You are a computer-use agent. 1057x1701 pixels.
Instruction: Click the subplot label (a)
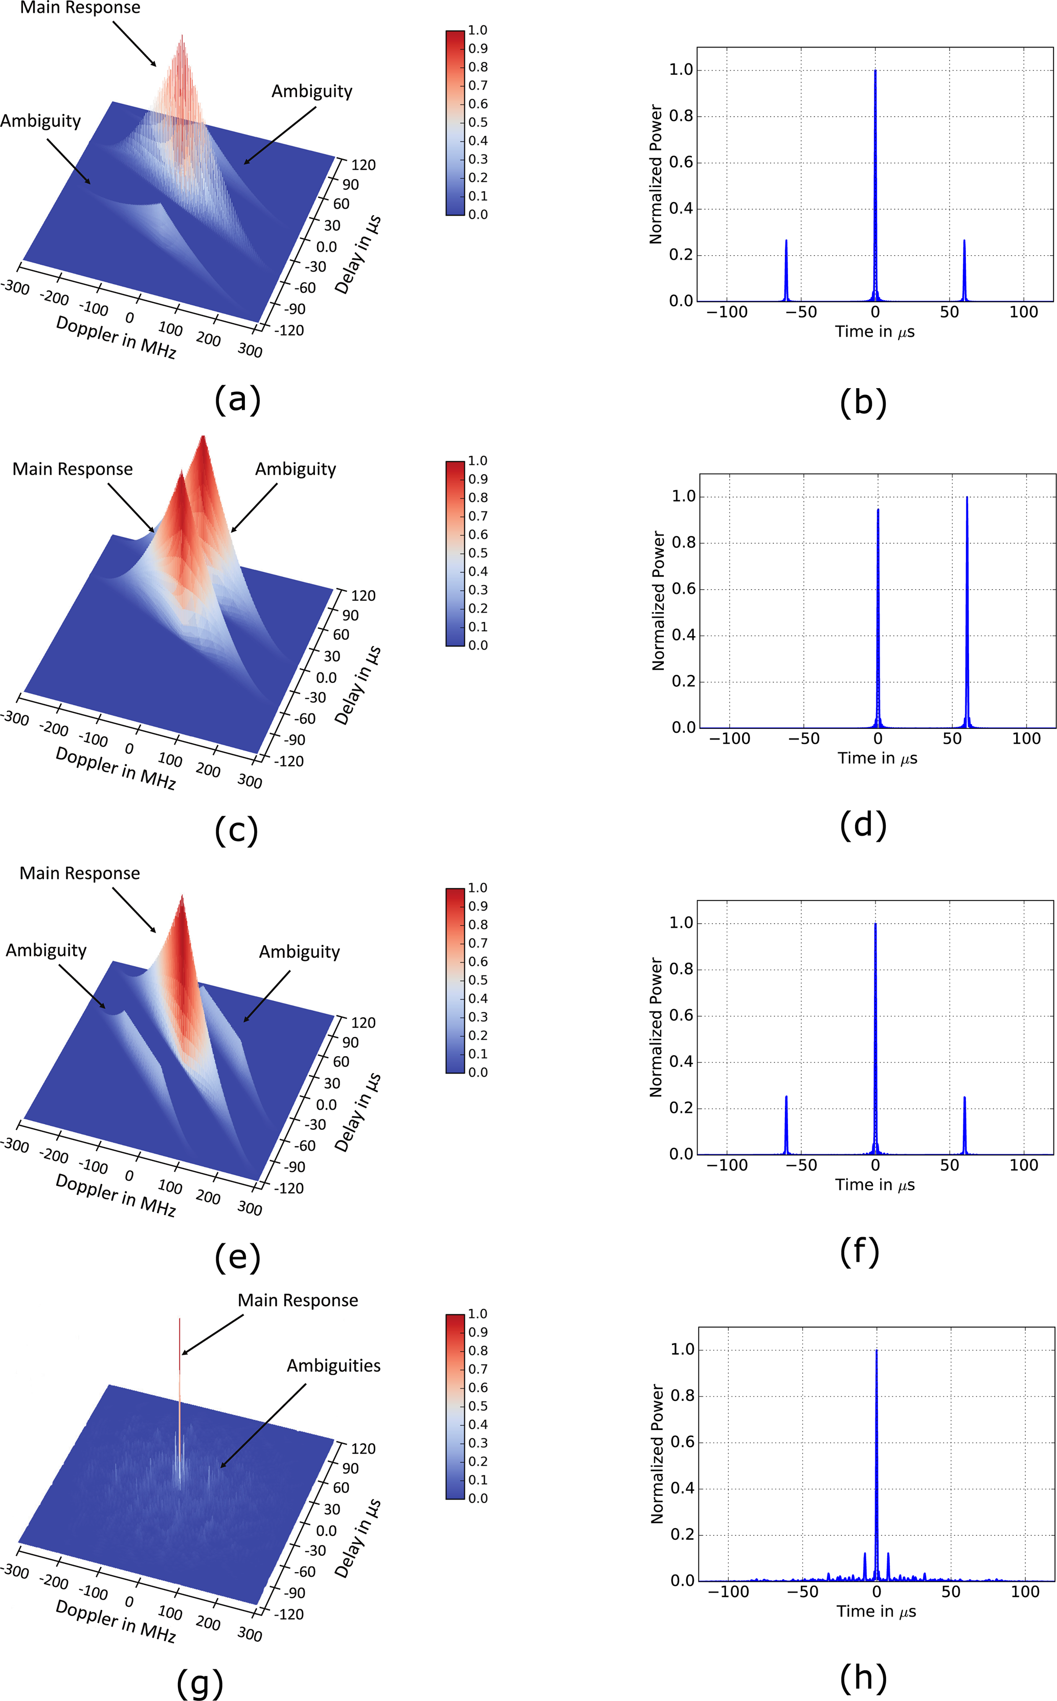(238, 400)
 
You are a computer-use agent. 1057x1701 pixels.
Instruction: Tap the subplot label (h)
(863, 1677)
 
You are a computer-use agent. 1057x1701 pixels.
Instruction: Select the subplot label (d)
(863, 824)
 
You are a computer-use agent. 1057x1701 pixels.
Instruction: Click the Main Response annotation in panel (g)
(298, 1301)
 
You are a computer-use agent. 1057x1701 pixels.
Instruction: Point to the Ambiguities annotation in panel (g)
(333, 1366)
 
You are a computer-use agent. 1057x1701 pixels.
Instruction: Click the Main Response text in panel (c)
(73, 469)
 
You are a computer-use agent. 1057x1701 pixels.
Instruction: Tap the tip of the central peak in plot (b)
(875, 71)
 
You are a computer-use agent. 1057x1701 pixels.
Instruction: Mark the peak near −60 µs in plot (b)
(786, 241)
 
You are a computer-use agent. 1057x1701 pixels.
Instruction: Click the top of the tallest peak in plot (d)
(967, 498)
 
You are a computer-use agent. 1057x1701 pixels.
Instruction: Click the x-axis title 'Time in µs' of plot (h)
(876, 1612)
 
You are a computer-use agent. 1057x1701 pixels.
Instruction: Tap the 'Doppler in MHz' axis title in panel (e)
(116, 1195)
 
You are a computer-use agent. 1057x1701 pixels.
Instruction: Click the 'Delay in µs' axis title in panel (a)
(357, 254)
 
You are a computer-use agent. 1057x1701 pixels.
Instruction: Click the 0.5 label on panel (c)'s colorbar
(478, 553)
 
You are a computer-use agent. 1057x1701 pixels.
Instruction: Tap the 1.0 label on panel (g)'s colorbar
(478, 1314)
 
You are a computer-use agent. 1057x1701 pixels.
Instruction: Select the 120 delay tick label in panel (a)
(363, 165)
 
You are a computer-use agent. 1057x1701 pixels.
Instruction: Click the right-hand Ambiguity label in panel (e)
(299, 952)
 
